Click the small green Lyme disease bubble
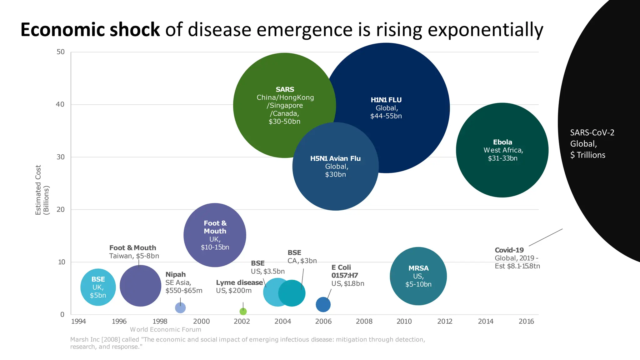click(243, 311)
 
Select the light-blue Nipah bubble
click(180, 308)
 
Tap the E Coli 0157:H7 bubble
click(323, 304)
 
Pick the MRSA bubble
click(418, 276)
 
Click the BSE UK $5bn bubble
click(98, 287)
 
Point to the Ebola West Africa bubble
click(502, 150)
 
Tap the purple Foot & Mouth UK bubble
click(215, 235)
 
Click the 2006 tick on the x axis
click(323, 321)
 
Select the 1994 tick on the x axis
click(78, 321)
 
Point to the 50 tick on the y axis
click(61, 52)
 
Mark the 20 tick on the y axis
click(61, 209)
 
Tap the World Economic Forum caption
click(166, 329)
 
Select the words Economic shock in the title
click(90, 30)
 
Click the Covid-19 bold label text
click(509, 250)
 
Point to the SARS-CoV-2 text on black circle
click(592, 132)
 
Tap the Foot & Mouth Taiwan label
click(134, 252)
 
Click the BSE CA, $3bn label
click(302, 257)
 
